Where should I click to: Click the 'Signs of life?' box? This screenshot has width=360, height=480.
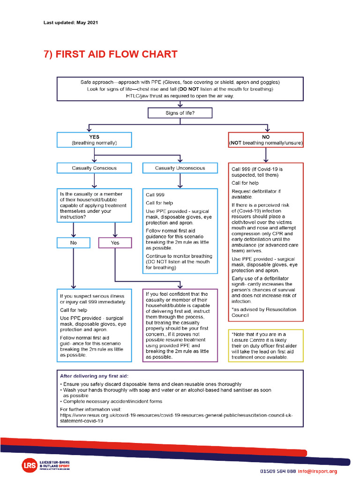(180, 113)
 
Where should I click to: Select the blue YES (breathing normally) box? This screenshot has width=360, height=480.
(94, 139)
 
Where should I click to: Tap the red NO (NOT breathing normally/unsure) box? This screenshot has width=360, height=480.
(266, 139)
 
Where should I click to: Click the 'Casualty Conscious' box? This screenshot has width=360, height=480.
(94, 168)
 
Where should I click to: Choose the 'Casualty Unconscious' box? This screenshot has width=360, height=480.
(180, 168)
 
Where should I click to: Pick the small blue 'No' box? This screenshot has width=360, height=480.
(73, 242)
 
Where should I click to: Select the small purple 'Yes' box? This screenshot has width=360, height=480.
(115, 242)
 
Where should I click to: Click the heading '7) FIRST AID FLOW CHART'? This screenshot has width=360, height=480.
(110, 54)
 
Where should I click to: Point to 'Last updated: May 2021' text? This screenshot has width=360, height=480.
(71, 22)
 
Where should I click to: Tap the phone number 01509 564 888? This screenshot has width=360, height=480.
(278, 472)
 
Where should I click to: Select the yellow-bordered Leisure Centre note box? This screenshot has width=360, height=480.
(266, 346)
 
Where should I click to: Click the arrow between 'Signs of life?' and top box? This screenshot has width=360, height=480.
(180, 104)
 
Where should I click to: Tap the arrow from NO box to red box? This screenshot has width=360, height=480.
(266, 155)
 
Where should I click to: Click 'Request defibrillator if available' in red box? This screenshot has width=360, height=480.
(256, 194)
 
